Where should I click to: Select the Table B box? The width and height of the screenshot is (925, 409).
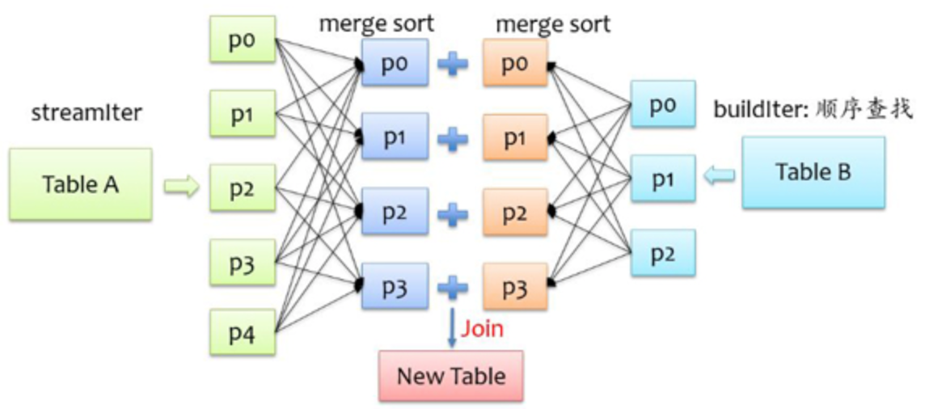[813, 172]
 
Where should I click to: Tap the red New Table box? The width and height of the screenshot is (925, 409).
[451, 376]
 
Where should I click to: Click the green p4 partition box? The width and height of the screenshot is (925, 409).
[242, 332]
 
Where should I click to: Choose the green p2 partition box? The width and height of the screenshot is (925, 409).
[242, 188]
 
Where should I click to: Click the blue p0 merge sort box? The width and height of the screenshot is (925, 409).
[395, 64]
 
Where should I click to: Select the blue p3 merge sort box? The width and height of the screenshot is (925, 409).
[395, 287]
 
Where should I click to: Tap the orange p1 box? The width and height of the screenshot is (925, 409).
[515, 138]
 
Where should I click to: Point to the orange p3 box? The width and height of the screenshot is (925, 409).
[515, 287]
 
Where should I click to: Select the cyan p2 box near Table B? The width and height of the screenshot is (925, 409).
[662, 253]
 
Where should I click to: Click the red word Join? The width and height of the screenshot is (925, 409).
[482, 329]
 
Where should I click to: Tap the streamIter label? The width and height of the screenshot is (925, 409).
[87, 112]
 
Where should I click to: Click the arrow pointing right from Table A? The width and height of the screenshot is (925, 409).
[181, 188]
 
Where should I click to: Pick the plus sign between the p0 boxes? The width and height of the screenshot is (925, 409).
[453, 64]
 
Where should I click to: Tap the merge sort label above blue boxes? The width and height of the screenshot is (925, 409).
[376, 23]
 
